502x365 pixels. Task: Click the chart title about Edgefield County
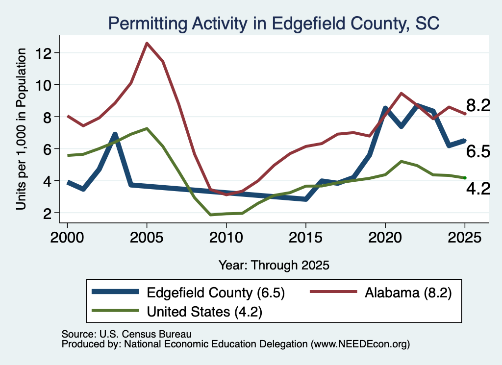click(x=274, y=24)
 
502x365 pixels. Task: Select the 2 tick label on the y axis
click(x=48, y=214)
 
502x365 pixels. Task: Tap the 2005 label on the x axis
click(x=147, y=238)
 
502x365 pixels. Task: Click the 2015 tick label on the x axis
click(x=306, y=238)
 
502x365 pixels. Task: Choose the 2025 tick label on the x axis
click(x=465, y=238)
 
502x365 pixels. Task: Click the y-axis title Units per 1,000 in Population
click(x=21, y=129)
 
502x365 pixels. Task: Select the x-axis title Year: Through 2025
click(x=274, y=265)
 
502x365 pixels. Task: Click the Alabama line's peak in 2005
click(x=147, y=43)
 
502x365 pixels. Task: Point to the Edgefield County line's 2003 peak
click(x=115, y=134)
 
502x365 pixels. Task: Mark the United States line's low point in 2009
click(x=210, y=215)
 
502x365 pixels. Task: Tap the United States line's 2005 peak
click(x=147, y=128)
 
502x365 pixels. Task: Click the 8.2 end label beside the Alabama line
click(x=478, y=105)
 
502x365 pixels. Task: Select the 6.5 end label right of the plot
click(x=478, y=151)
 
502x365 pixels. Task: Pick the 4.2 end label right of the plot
click(x=478, y=189)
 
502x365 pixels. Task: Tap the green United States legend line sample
click(x=115, y=310)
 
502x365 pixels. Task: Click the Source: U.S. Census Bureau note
click(x=126, y=334)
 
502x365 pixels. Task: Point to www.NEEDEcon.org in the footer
click(x=360, y=344)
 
